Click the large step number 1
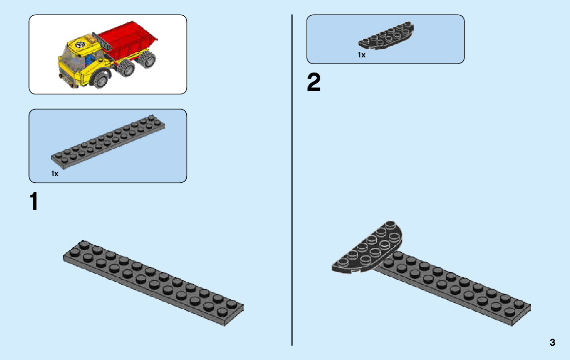click(x=33, y=202)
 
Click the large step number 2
click(x=314, y=83)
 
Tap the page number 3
click(x=552, y=342)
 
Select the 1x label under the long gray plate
click(x=55, y=174)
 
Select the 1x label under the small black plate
click(x=361, y=55)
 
